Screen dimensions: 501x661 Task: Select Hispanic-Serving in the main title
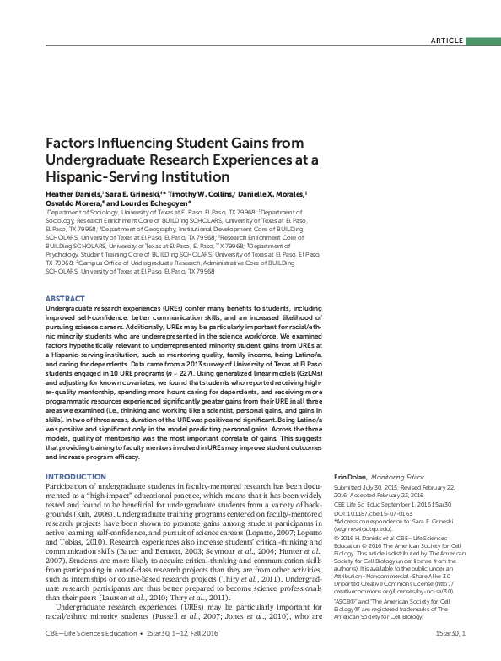click(100, 177)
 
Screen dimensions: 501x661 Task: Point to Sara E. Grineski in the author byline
click(143, 194)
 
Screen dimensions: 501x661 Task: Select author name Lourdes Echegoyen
click(161, 203)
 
